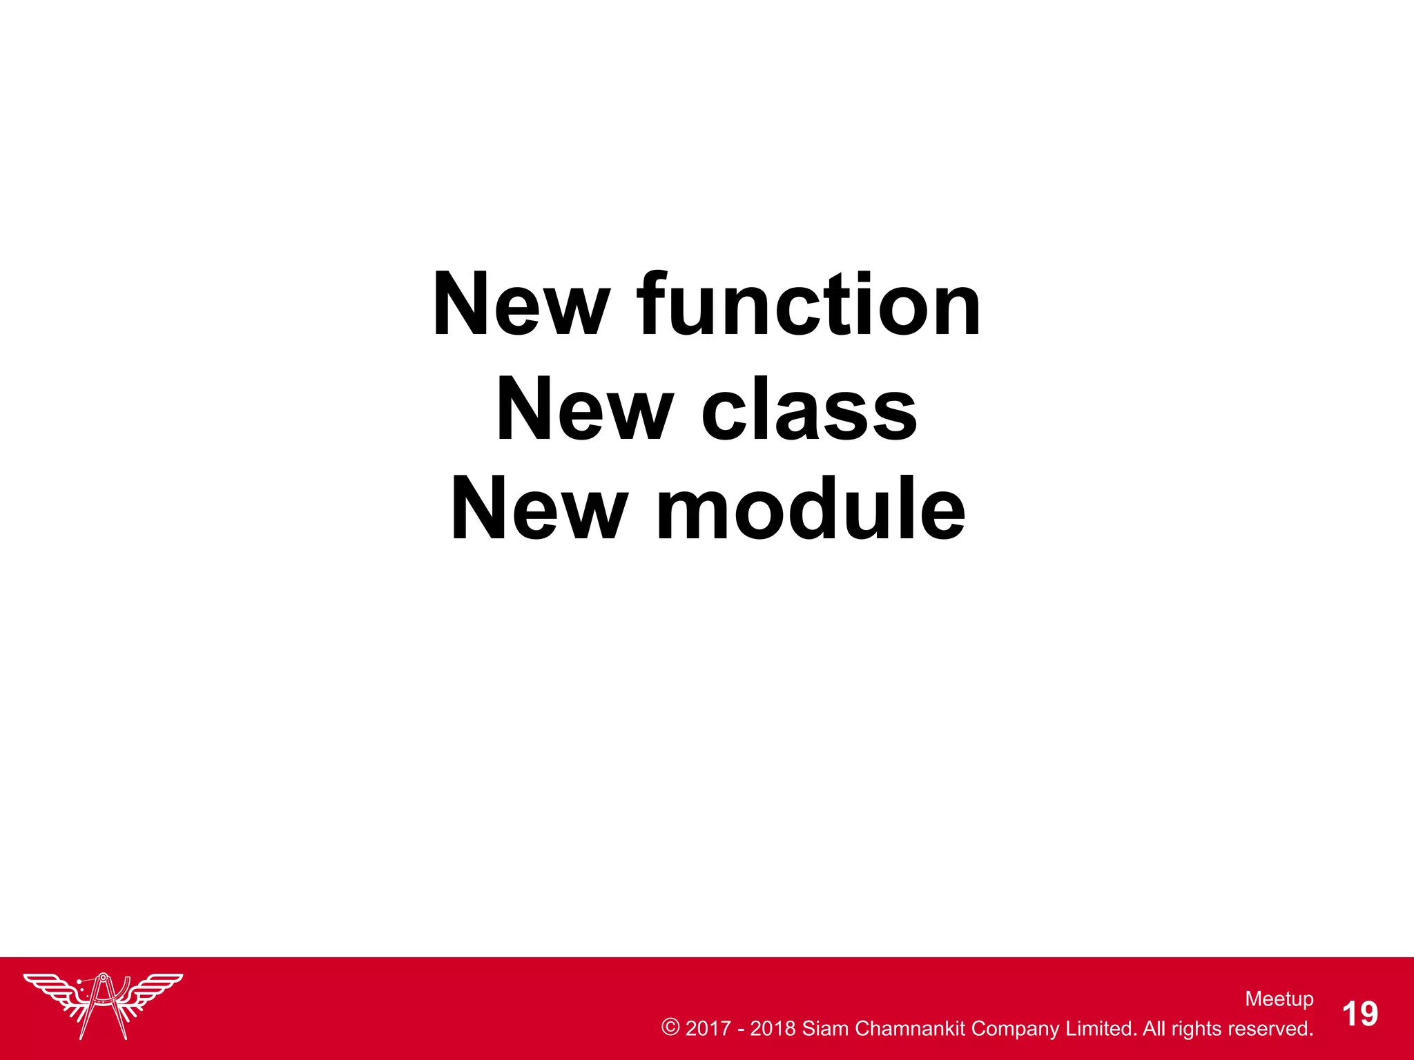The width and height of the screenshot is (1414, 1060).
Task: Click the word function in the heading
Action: point(808,305)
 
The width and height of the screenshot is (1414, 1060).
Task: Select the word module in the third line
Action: point(811,509)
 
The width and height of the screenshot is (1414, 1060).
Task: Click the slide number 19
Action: point(1359,1014)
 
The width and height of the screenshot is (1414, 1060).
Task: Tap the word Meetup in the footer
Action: point(1279,999)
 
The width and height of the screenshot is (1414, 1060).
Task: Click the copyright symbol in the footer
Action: point(670,1027)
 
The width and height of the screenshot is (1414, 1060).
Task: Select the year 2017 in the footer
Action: point(708,1028)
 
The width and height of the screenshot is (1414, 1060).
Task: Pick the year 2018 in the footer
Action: point(773,1028)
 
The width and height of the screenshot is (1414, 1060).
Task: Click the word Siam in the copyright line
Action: point(825,1028)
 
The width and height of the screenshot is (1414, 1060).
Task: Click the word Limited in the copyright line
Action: point(1101,1028)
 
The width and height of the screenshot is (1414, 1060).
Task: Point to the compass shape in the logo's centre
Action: point(104,1004)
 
